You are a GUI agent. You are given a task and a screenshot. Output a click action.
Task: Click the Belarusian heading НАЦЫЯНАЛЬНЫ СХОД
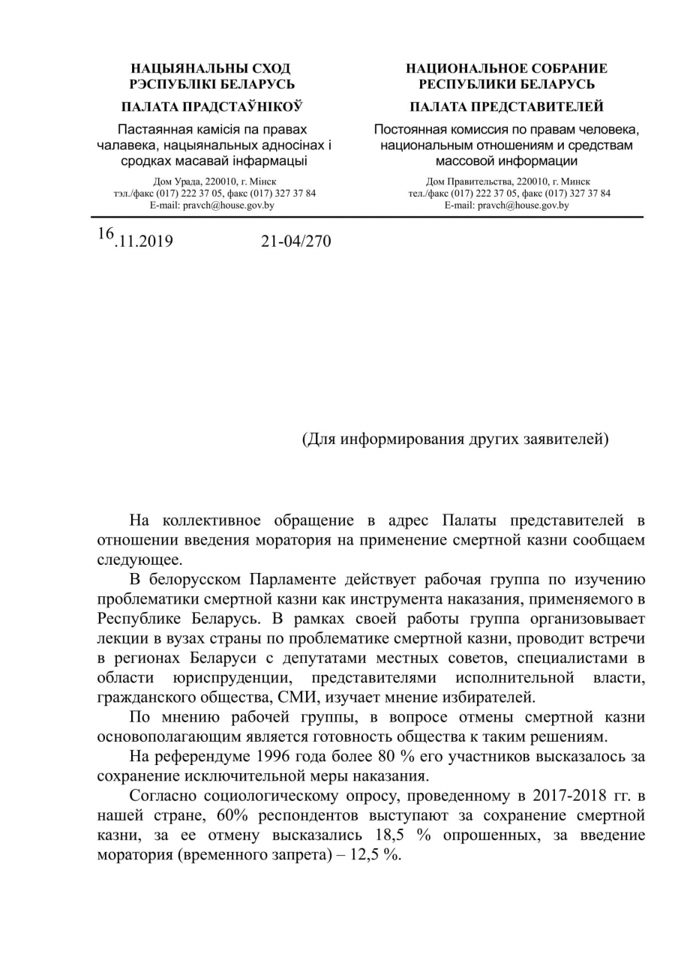(211, 69)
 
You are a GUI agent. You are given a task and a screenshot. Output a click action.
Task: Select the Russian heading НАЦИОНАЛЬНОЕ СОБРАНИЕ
(507, 69)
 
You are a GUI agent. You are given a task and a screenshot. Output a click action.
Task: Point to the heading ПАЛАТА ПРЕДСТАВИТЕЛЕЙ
(507, 106)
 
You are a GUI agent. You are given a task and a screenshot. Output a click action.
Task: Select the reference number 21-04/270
(295, 241)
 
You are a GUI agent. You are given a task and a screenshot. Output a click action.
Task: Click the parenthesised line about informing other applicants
(455, 439)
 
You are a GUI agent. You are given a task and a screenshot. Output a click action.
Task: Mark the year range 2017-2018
(559, 795)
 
